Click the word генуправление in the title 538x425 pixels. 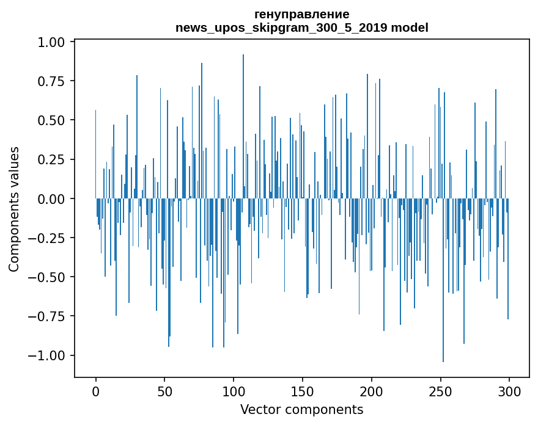click(x=301, y=14)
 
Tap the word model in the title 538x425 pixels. click(x=410, y=27)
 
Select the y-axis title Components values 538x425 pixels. click(x=14, y=209)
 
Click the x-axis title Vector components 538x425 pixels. click(x=301, y=409)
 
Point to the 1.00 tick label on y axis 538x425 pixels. click(x=52, y=42)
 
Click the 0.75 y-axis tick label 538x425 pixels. click(x=52, y=81)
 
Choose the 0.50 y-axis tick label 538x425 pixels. click(x=52, y=120)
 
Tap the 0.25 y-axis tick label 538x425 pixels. click(x=52, y=159)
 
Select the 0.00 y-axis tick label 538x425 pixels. click(x=52, y=198)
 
